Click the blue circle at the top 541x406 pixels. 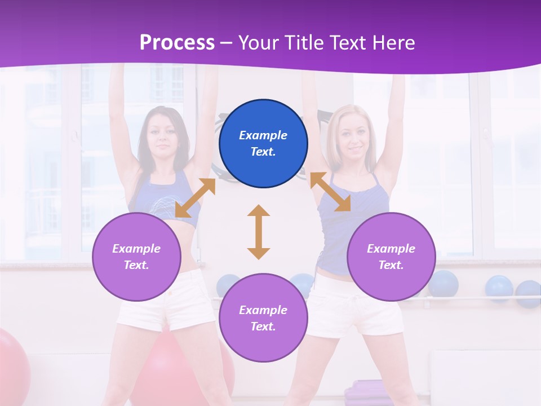point(263,143)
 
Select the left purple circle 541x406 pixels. point(136,257)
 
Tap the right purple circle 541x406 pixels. point(391,257)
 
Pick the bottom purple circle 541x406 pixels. point(263,318)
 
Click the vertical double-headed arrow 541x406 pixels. point(259,232)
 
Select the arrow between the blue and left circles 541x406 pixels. point(195,198)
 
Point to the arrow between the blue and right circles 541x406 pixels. point(330,192)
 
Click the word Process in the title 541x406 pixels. point(177,42)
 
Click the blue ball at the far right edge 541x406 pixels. point(529,293)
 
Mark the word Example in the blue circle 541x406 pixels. point(263,135)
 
